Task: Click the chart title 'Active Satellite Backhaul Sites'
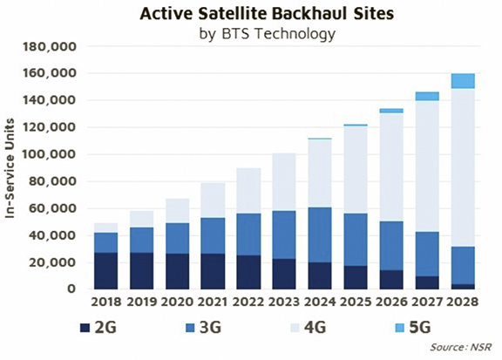267,14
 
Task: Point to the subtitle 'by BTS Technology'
268,34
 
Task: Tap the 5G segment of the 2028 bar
463,81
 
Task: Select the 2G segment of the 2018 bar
106,271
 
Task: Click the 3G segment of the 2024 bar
320,235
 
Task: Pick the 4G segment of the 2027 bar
427,166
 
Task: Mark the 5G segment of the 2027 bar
427,97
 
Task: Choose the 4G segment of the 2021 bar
213,200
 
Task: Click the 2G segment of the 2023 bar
284,275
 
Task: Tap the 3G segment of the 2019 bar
141,241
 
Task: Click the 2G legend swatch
85,328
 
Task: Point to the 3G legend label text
210,328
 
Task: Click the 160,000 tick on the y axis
50,73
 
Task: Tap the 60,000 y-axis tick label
53,208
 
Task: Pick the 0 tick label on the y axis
71,289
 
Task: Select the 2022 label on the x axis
248,302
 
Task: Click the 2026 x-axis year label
391,302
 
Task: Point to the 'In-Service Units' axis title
10,168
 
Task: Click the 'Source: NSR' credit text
460,347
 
